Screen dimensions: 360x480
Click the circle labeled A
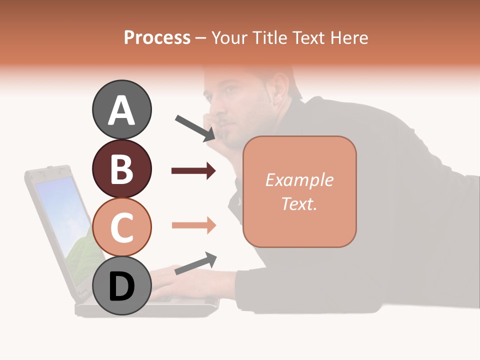coord(121,110)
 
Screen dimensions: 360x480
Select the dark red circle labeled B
coord(121,168)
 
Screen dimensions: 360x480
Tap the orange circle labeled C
coord(121,227)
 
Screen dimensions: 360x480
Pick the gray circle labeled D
coord(121,285)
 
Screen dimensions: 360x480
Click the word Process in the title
coord(157,38)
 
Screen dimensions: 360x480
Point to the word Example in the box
coord(299,180)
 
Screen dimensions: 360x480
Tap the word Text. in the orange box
coord(299,203)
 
